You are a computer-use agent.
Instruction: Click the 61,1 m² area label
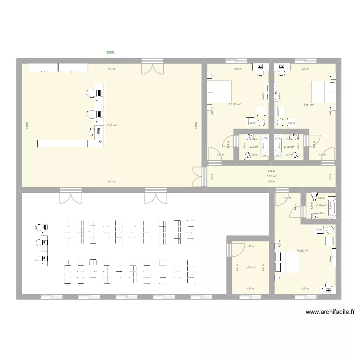coord(111,126)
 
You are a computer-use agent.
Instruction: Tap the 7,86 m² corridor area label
coord(271,176)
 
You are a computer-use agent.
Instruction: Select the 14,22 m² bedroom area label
coord(302,251)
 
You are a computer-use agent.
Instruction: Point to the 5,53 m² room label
coord(250,268)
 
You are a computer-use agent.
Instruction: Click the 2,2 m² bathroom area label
coord(254,147)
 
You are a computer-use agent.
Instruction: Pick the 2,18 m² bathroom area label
coord(288,147)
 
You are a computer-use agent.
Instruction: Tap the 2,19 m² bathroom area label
coord(321,206)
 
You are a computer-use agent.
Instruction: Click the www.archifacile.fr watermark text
coord(331,312)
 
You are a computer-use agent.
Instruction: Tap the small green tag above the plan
coord(110,53)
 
